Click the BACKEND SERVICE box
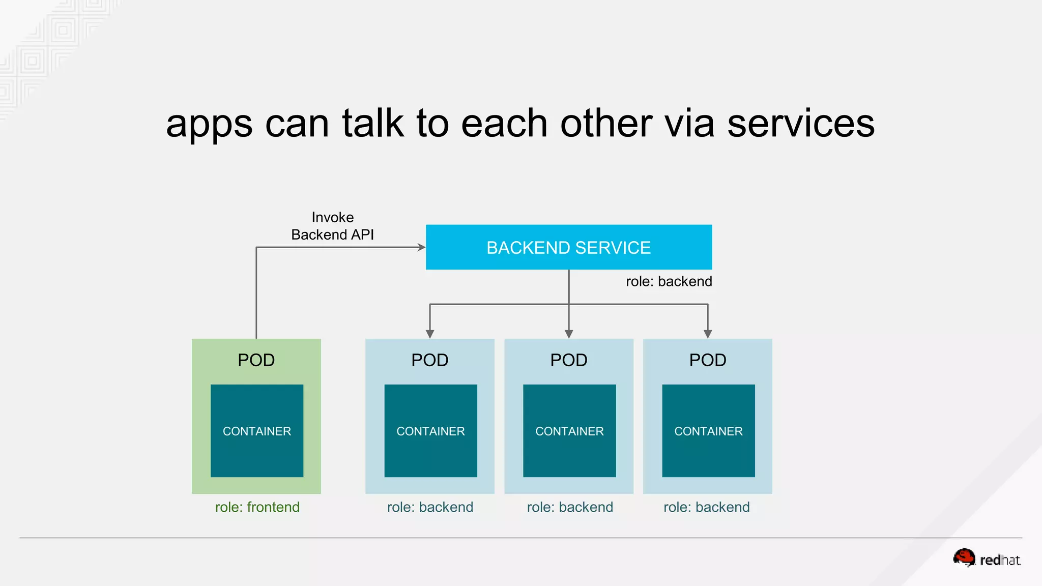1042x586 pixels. coord(568,247)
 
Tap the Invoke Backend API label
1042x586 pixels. coord(332,226)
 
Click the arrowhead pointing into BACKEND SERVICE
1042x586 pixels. coord(422,247)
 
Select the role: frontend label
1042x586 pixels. coord(257,507)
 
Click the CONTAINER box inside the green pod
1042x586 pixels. coord(257,431)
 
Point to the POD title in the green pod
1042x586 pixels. coord(256,360)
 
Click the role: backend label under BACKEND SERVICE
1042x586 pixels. coord(669,281)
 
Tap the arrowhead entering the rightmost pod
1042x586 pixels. coord(708,334)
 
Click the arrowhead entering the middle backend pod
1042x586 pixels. coord(569,334)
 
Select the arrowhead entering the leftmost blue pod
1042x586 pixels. coord(430,334)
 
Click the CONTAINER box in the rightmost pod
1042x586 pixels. coord(708,431)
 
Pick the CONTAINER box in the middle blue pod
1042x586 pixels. coord(569,431)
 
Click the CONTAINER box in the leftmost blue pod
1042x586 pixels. coord(430,431)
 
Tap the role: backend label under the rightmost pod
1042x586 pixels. coord(706,507)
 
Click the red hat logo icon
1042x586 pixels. coord(964,558)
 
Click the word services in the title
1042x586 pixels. coord(801,124)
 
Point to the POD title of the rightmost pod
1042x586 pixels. coord(707,360)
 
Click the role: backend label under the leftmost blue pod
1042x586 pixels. coord(430,507)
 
